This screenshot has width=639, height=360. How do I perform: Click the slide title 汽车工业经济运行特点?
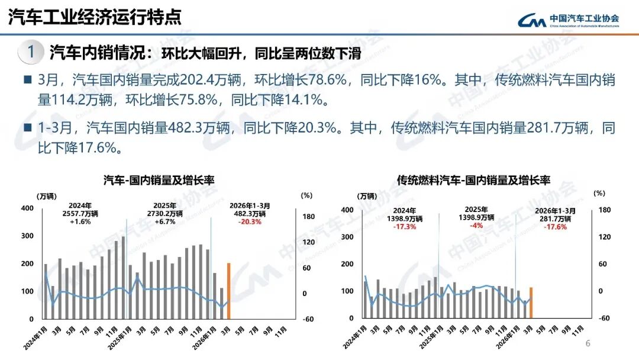click(95, 18)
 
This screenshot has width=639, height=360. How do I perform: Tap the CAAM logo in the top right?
click(568, 20)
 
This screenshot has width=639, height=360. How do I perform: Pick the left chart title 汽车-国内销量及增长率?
click(159, 179)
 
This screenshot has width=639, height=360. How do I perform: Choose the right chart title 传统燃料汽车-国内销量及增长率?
click(473, 180)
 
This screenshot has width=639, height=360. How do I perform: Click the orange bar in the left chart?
click(228, 291)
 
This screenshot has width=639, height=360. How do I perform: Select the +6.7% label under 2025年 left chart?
click(165, 221)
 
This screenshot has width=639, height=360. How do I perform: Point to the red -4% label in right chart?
click(476, 226)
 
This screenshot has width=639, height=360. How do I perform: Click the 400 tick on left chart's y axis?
click(27, 208)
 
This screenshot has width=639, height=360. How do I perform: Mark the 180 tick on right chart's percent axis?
click(604, 210)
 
